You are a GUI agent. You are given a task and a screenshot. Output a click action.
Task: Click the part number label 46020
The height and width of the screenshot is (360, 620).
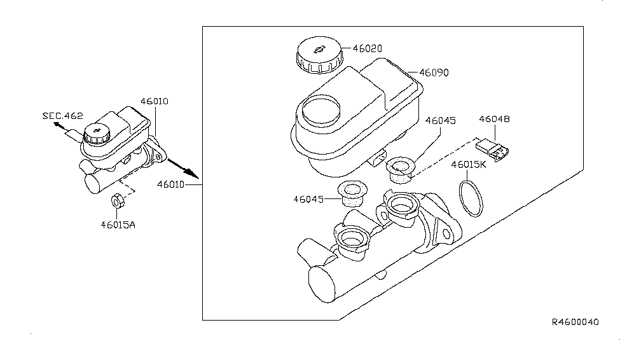click(x=368, y=49)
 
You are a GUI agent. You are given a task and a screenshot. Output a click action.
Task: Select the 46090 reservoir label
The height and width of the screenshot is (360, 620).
click(x=434, y=73)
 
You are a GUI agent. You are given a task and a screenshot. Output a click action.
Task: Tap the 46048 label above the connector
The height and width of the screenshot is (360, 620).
click(x=494, y=119)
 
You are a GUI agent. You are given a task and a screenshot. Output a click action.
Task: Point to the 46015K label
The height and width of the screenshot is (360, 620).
click(x=469, y=165)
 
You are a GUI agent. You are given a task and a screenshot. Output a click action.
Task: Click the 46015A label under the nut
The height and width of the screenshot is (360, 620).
click(x=118, y=225)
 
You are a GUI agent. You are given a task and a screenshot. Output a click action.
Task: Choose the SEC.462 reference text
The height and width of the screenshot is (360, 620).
click(x=63, y=116)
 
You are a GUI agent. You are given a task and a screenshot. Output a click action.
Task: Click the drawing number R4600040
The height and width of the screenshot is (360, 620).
click(x=575, y=322)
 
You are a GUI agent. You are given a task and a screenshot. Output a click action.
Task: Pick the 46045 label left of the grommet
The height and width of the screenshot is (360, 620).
click(x=308, y=199)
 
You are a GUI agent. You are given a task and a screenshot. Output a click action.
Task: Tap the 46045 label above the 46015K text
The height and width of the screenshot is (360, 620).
click(x=441, y=121)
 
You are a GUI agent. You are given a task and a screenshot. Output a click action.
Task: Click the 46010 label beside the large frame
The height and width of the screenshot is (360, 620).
click(x=171, y=184)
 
